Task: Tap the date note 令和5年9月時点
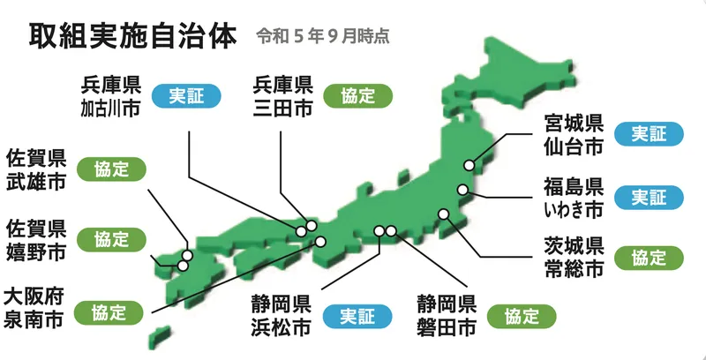point(322,37)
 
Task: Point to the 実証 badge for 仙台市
point(657,133)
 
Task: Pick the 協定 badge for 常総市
point(657,258)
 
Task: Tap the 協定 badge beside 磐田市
point(526,317)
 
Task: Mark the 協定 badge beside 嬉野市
point(111,239)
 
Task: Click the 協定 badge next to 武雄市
point(111,168)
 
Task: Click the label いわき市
point(573,208)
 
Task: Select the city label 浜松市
point(281,328)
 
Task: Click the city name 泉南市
point(34,319)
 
